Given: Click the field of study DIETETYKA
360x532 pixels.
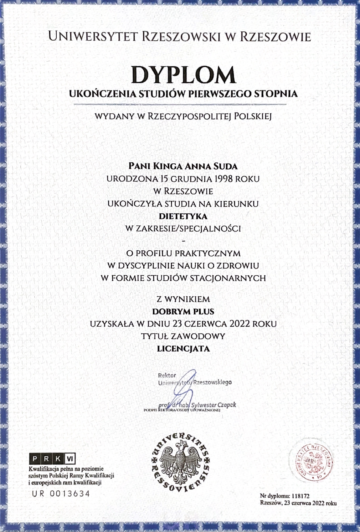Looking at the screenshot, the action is tap(183, 216).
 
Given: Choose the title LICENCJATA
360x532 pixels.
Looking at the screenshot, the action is tap(183, 349).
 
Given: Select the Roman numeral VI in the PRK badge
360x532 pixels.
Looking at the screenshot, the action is tap(70, 459).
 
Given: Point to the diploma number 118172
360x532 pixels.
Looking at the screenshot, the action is tap(300, 496).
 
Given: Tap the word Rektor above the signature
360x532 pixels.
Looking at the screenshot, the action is tap(167, 375).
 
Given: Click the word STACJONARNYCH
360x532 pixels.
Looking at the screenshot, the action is tap(228, 278).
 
